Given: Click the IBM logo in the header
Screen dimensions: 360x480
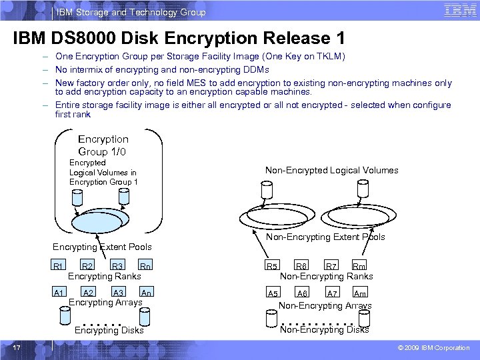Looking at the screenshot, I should [x=459, y=11].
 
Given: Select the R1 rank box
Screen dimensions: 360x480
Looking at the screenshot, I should [x=59, y=267].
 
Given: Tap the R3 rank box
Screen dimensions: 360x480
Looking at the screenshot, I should [x=117, y=267].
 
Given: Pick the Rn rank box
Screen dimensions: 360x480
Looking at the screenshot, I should [x=146, y=267].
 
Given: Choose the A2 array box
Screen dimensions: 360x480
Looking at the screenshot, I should [x=87, y=293].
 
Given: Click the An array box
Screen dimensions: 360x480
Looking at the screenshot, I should [x=147, y=293].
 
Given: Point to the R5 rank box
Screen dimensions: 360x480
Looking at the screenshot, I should [x=273, y=267].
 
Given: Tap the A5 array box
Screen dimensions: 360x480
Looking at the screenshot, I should [x=273, y=293].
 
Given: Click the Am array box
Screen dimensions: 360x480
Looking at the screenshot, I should [x=360, y=293].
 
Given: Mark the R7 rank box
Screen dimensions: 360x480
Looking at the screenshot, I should [x=331, y=267].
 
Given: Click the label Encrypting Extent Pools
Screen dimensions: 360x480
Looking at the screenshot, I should [x=102, y=247].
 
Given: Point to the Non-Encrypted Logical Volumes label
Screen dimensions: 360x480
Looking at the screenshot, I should [x=331, y=170].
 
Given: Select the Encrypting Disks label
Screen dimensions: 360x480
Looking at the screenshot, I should [x=109, y=330].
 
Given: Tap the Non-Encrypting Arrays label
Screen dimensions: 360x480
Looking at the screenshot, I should [x=325, y=305].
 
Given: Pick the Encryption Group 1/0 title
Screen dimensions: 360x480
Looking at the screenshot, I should [x=103, y=145].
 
